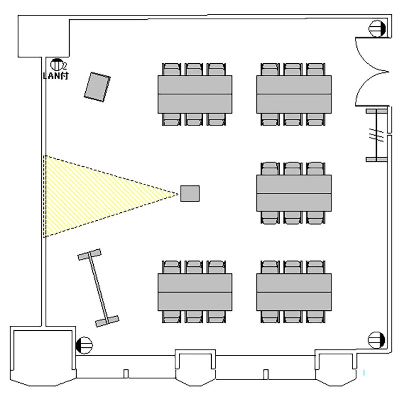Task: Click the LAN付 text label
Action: [56, 76]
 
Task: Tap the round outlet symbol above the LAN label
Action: [57, 64]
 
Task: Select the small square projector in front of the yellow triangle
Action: [190, 193]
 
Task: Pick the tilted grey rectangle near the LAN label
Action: [97, 86]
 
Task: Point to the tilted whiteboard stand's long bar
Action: [98, 288]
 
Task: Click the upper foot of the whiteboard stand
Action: [90, 255]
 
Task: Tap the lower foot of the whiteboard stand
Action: [107, 322]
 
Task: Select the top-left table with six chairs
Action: [195, 94]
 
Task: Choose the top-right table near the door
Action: [294, 94]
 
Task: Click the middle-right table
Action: [294, 193]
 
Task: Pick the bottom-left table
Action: [195, 292]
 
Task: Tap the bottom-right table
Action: [294, 292]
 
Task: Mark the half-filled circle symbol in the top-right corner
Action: [377, 28]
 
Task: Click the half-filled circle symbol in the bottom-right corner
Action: [377, 339]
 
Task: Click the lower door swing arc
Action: [369, 89]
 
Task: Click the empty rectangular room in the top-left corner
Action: [43, 37]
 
